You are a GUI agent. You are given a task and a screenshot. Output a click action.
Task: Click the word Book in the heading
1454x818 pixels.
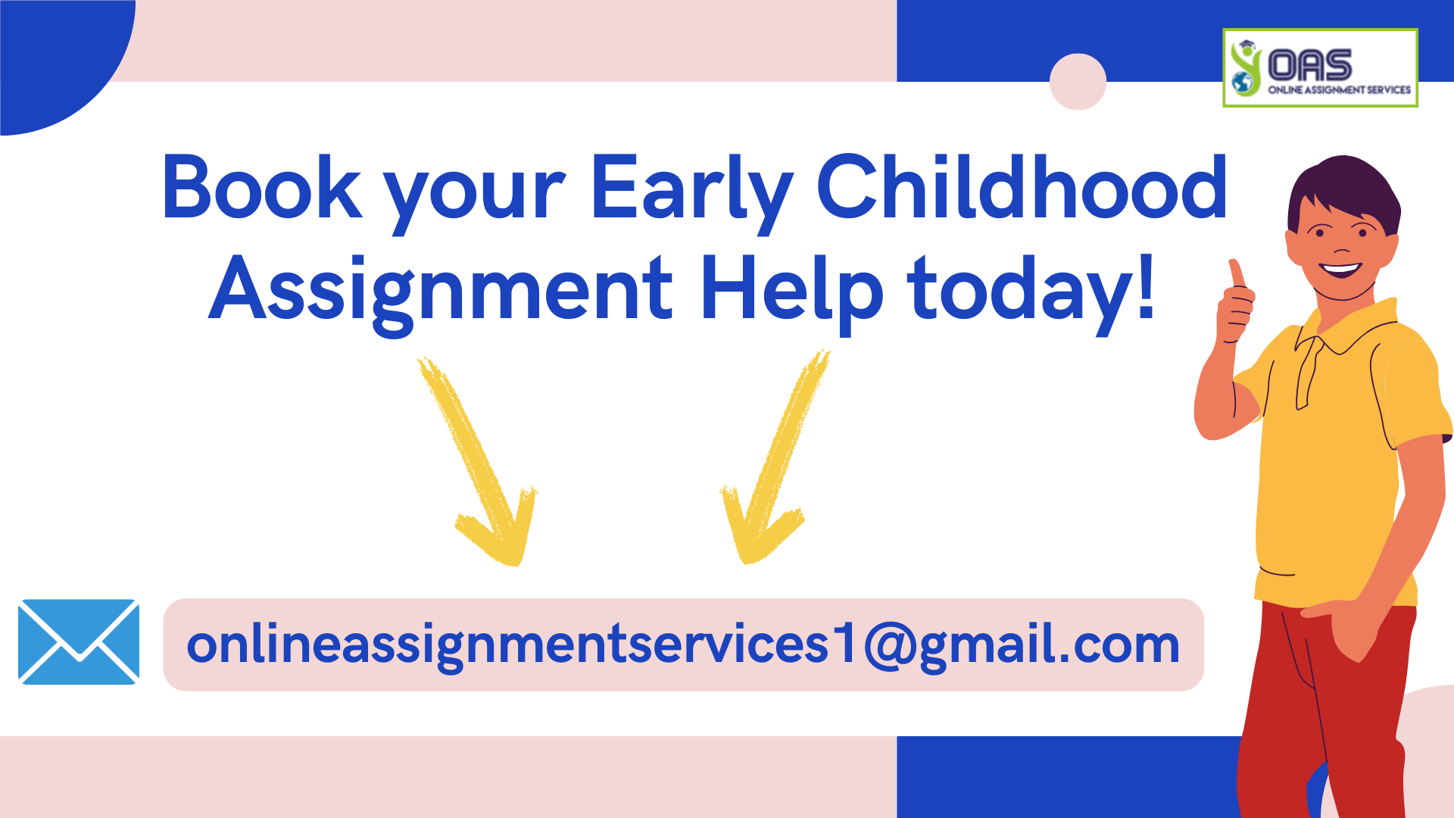coord(261,188)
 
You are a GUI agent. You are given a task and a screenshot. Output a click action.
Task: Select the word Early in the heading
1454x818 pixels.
coord(691,189)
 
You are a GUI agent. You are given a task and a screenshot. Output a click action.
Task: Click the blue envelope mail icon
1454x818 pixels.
coord(79,642)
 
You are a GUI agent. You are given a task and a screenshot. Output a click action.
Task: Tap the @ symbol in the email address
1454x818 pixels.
coord(889,645)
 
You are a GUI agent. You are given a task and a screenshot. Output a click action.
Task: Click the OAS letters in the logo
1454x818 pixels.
coord(1309,65)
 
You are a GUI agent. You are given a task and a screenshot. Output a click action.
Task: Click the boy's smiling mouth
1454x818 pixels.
coord(1340,269)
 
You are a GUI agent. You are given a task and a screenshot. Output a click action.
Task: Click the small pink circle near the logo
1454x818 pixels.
coord(1078,82)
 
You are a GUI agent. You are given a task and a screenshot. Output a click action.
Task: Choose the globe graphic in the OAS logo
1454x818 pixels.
coord(1243,83)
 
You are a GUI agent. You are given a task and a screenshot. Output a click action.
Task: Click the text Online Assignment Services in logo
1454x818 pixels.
coord(1339,89)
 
